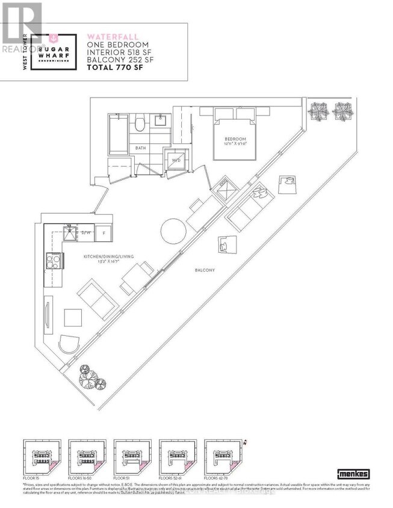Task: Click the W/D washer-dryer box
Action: click(176, 160)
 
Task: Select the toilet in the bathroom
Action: click(139, 125)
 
